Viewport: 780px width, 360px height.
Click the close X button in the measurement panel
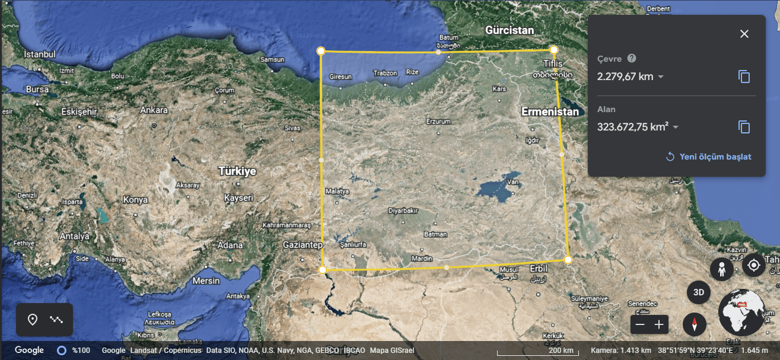pyautogui.click(x=744, y=34)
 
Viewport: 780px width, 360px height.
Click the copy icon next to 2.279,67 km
pyautogui.click(x=744, y=77)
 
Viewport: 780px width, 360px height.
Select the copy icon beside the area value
pyautogui.click(x=744, y=127)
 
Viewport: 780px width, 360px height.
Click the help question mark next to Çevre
pyautogui.click(x=632, y=58)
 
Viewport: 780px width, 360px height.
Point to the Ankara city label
pyautogui.click(x=154, y=110)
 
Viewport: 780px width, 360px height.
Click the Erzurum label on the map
pyautogui.click(x=438, y=121)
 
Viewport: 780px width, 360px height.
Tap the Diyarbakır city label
pyautogui.click(x=403, y=211)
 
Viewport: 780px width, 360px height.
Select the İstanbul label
pyautogui.click(x=39, y=54)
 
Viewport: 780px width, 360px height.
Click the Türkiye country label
pyautogui.click(x=237, y=171)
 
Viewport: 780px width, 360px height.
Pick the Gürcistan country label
pyautogui.click(x=510, y=30)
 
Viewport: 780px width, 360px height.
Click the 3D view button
pyautogui.click(x=699, y=292)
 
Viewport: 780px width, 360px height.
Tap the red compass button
pyautogui.click(x=694, y=324)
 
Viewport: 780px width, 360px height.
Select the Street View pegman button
pyautogui.click(x=722, y=270)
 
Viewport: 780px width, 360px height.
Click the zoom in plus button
pyautogui.click(x=658, y=324)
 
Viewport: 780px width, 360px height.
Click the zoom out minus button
pyautogui.click(x=639, y=324)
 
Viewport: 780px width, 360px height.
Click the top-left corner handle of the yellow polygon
pyautogui.click(x=321, y=51)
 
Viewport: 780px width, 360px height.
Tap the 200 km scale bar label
pyautogui.click(x=561, y=351)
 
